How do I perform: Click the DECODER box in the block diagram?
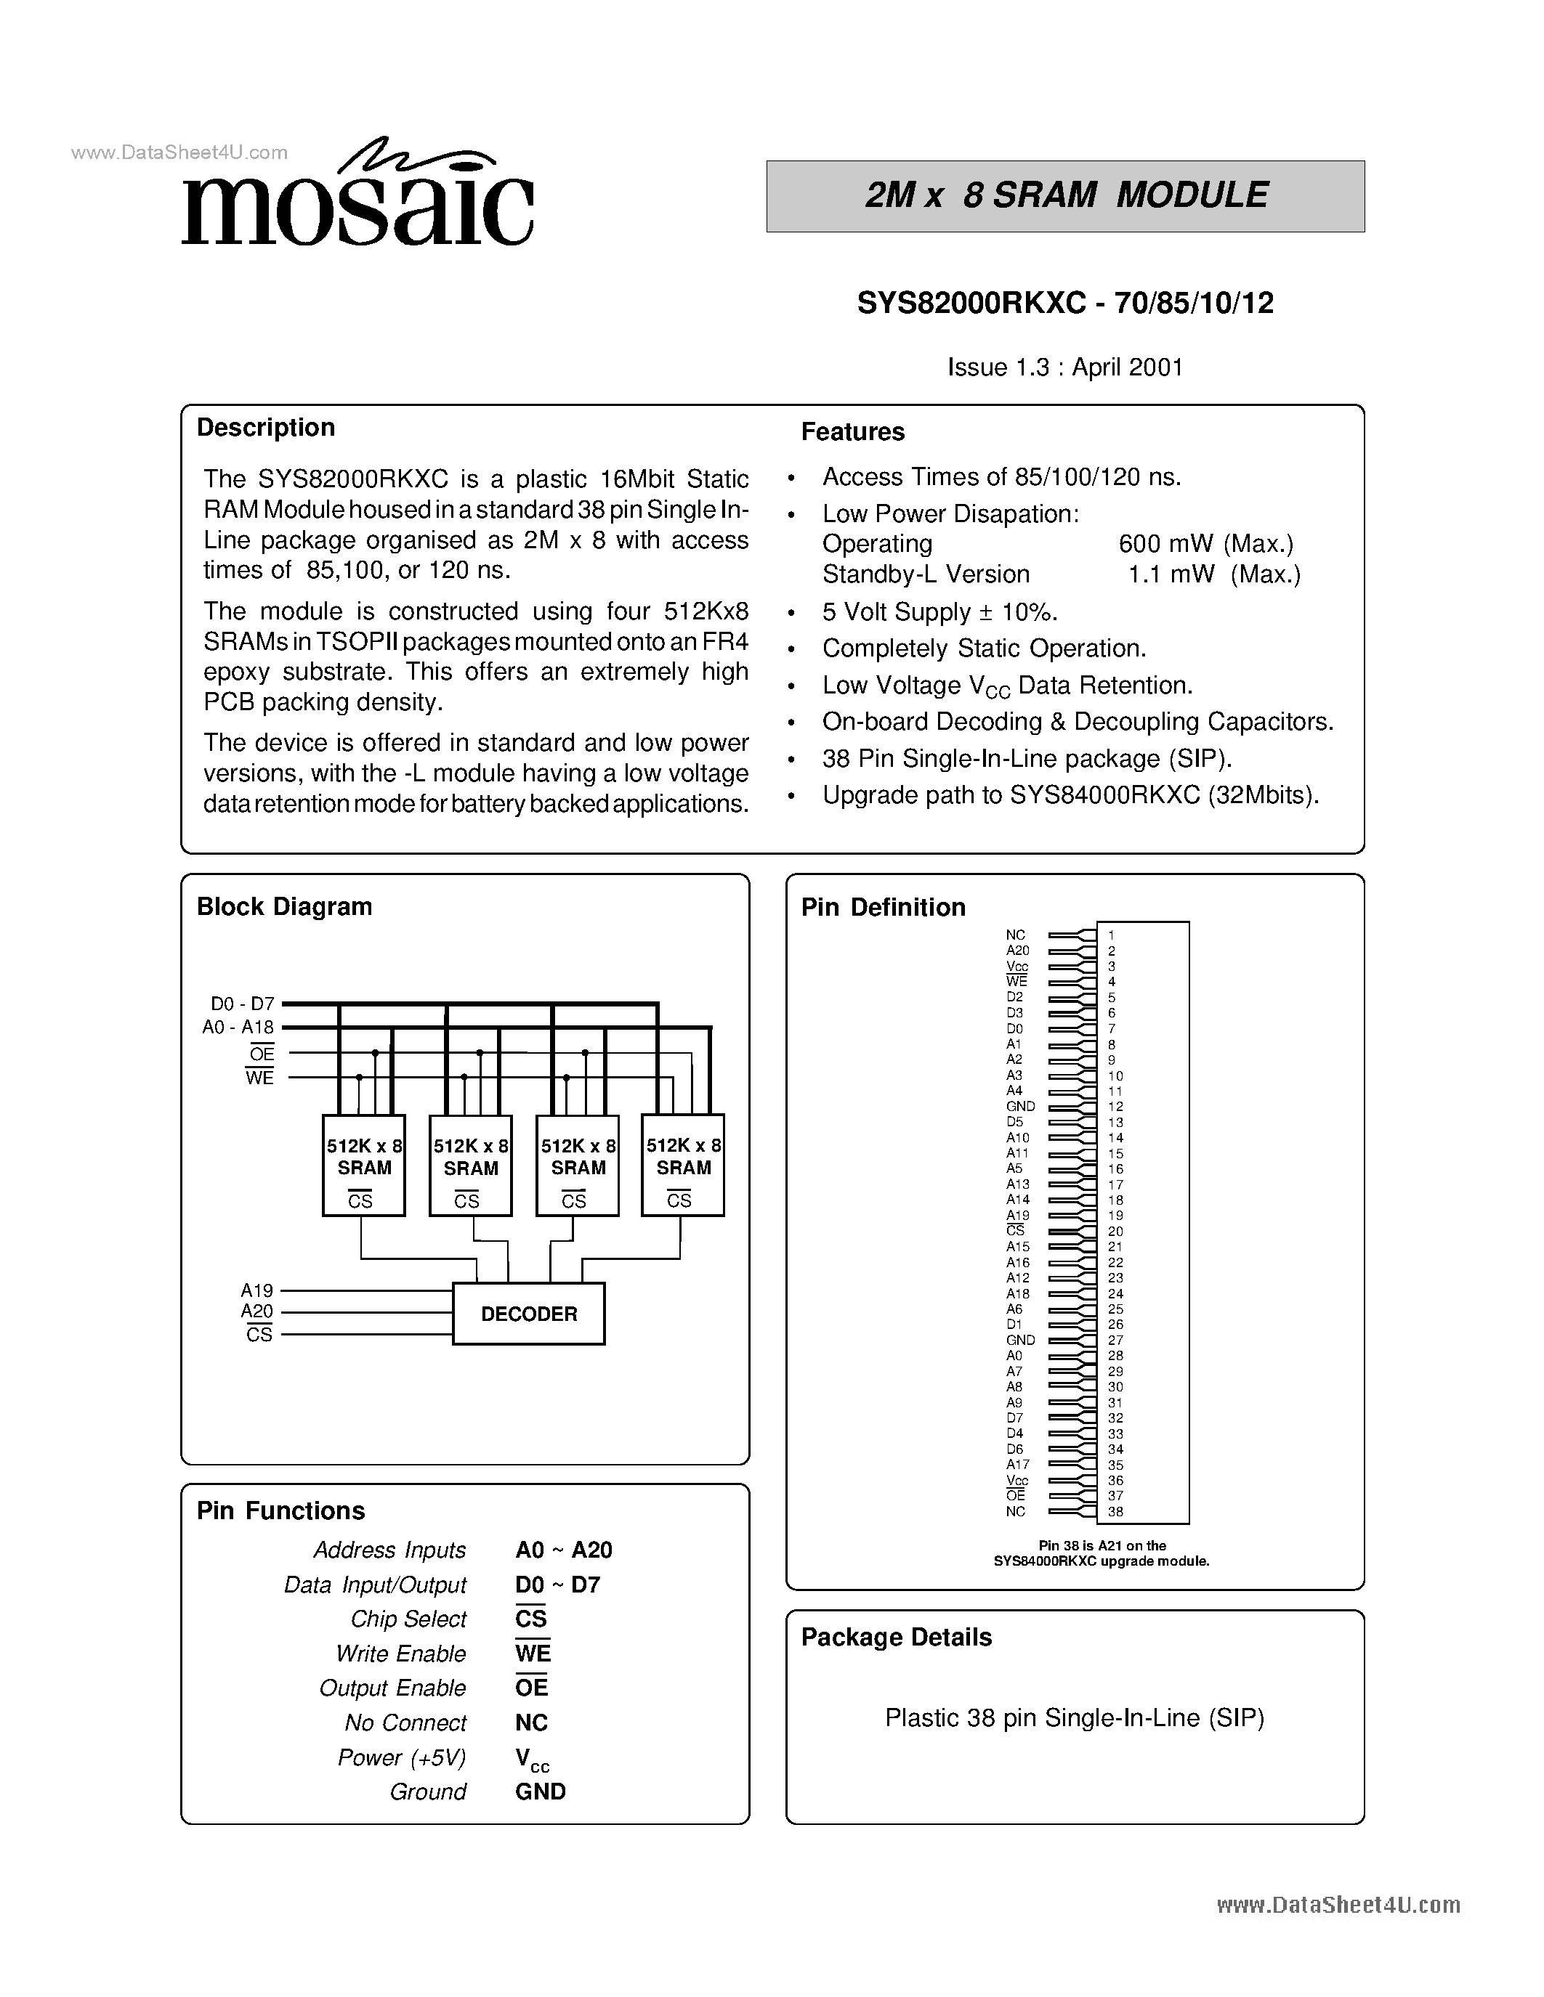529,1314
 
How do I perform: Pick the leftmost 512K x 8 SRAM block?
364,1165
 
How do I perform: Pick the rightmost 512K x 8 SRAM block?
682,1165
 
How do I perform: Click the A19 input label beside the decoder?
257,1290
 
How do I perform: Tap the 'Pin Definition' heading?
883,907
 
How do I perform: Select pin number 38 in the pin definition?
1115,1511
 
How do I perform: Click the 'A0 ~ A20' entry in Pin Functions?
563,1550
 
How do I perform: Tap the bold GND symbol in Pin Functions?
540,1791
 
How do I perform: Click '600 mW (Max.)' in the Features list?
1205,544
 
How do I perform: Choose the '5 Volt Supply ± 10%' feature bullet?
939,611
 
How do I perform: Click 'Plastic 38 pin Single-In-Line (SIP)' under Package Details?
1074,1717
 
